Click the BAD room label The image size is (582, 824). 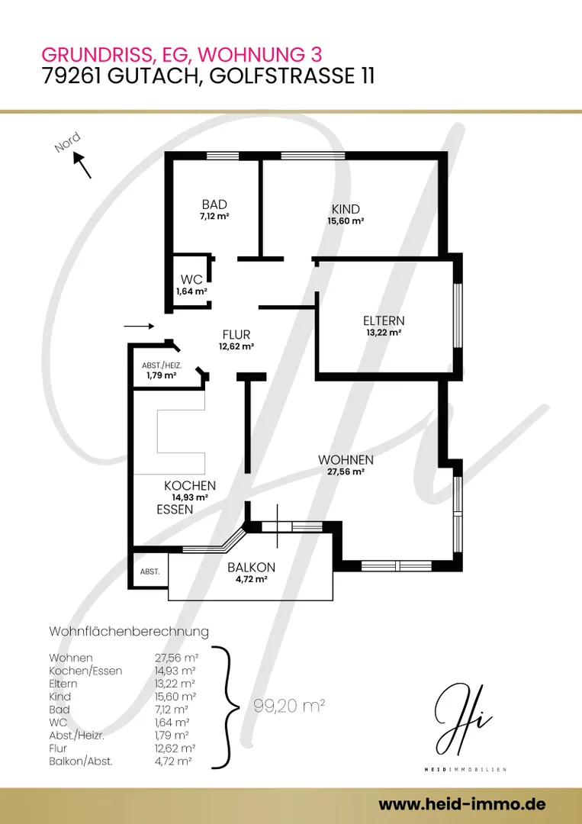point(214,204)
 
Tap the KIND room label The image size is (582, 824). point(346,209)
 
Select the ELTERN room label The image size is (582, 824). point(384,320)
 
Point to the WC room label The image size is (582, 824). point(191,279)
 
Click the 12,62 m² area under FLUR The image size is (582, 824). point(236,346)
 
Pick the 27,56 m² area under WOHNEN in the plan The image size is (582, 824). point(346,472)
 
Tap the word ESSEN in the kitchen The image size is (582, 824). point(175,509)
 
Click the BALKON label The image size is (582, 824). point(251,568)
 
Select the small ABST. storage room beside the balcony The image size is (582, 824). point(150,571)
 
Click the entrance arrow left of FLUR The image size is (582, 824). point(139,327)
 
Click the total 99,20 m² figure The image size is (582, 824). point(289,707)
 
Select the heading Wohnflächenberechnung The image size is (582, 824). point(129,631)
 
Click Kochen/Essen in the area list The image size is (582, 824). point(85,671)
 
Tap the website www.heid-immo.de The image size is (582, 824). point(461,804)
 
